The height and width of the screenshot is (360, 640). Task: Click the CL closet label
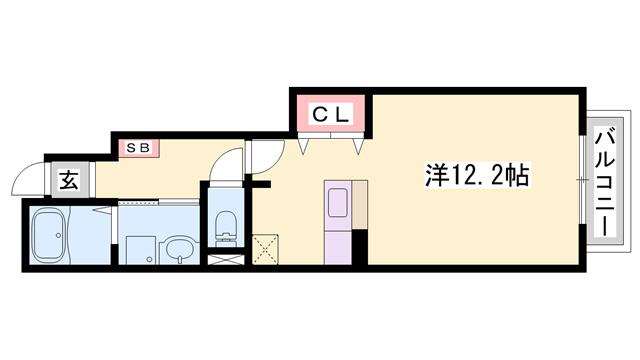(331, 113)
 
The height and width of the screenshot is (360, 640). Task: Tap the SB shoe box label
(137, 148)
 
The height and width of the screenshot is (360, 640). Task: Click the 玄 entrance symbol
(68, 181)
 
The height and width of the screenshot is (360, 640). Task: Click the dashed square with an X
(266, 248)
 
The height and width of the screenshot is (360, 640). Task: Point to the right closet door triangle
(357, 146)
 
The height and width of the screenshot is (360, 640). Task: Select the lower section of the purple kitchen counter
(337, 245)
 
